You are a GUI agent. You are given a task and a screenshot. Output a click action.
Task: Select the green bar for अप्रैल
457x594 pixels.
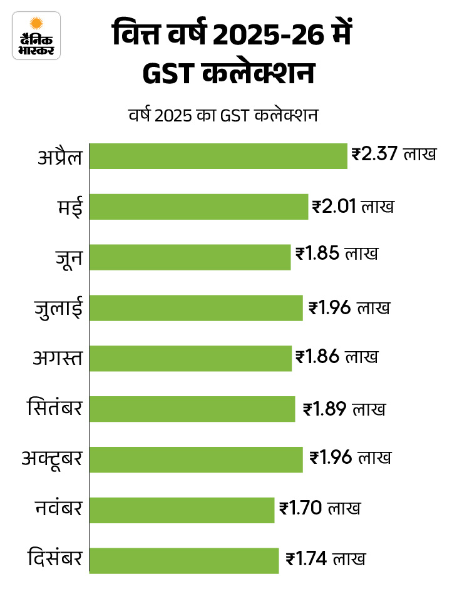pos(218,156)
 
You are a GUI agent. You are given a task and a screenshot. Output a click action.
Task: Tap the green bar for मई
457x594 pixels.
pos(199,207)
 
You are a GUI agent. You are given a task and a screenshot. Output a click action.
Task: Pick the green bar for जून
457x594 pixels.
pos(190,257)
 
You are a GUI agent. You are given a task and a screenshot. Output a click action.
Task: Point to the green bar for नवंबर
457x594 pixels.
pos(182,510)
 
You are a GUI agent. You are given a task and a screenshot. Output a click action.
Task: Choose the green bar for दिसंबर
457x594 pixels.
pos(184,560)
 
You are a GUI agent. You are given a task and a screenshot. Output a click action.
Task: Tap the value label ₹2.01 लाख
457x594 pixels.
pos(353,205)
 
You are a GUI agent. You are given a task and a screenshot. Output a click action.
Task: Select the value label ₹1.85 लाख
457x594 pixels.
pos(336,255)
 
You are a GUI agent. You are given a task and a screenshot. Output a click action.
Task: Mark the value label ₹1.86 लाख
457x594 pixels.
pos(337,357)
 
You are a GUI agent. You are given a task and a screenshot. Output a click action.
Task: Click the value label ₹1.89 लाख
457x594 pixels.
pos(344,409)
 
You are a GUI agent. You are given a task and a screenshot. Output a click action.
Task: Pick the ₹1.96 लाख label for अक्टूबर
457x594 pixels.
pos(350,458)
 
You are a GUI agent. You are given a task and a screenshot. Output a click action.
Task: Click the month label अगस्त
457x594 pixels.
pos(58,359)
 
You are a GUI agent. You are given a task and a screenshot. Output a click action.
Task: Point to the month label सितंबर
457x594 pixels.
pos(55,409)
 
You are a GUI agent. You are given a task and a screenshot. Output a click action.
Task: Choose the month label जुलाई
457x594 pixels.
pos(58,309)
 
